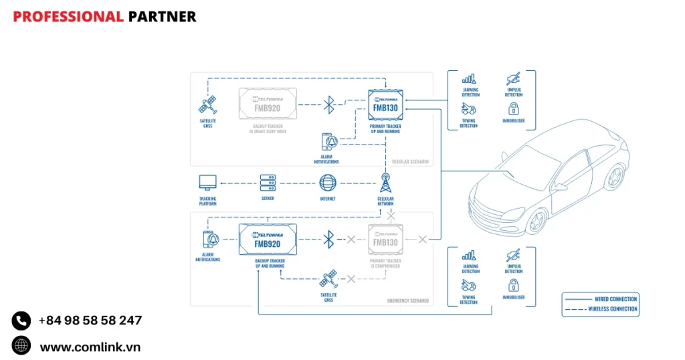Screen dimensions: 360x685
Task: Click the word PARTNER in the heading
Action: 162,17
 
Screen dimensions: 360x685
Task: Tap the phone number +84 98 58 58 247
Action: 90,321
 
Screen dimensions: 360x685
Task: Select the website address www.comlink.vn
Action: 90,347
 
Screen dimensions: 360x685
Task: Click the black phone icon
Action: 21,321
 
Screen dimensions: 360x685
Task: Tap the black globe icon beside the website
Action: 21,346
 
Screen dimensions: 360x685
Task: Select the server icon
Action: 268,183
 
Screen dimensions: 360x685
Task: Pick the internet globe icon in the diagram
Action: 328,183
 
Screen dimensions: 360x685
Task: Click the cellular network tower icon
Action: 385,183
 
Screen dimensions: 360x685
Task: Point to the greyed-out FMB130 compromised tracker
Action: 385,240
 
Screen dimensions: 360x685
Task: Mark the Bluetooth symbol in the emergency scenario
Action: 328,239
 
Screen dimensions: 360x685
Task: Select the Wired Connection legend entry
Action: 600,298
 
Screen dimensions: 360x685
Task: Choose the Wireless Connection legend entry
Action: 600,309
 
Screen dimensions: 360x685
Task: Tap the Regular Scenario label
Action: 410,161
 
